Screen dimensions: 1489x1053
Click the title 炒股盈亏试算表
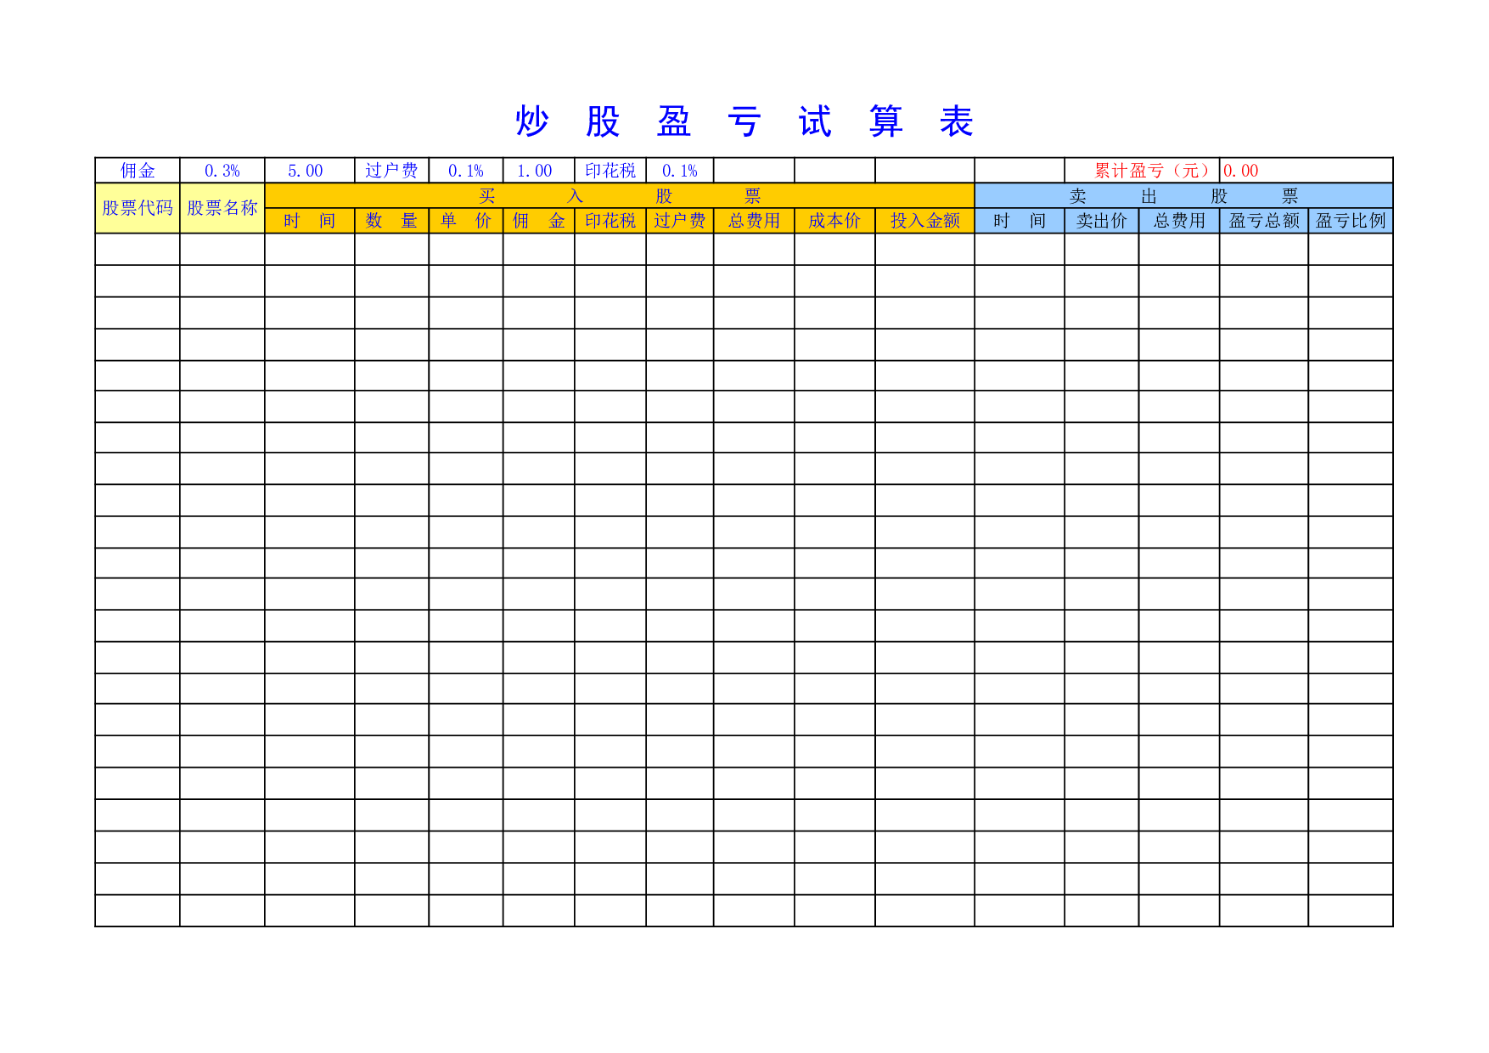pyautogui.click(x=744, y=122)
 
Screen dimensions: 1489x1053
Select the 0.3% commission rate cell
pyautogui.click(x=222, y=171)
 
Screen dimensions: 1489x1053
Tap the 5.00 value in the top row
pyautogui.click(x=306, y=171)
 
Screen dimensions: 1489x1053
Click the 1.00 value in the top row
pyautogui.click(x=535, y=171)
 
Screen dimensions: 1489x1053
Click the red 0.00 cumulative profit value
pyautogui.click(x=1241, y=171)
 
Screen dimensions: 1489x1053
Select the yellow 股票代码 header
pyautogui.click(x=138, y=208)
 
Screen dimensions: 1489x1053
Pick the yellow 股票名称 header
pyautogui.click(x=222, y=208)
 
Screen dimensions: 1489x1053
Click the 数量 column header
pyautogui.click(x=391, y=221)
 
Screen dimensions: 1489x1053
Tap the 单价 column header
pyautogui.click(x=466, y=221)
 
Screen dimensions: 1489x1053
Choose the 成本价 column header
pyautogui.click(x=834, y=221)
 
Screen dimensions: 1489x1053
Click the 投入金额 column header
pyautogui.click(x=925, y=221)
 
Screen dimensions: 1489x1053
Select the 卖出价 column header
pyautogui.click(x=1102, y=221)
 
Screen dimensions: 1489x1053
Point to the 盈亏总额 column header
pyautogui.click(x=1264, y=221)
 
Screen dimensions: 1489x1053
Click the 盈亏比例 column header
pyautogui.click(x=1351, y=221)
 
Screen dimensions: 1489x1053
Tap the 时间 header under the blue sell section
pyautogui.click(x=1020, y=221)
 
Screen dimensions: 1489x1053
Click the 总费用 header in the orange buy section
pyautogui.click(x=754, y=221)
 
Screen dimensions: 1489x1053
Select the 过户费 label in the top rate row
pyautogui.click(x=391, y=171)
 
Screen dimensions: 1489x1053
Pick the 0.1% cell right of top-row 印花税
pyautogui.click(x=680, y=171)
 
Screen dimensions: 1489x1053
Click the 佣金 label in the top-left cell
pyautogui.click(x=138, y=171)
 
